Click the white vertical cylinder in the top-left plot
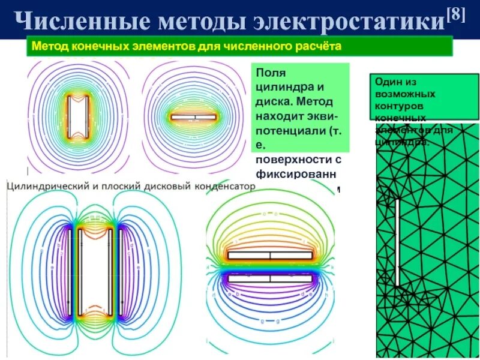(78, 116)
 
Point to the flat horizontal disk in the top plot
(193, 118)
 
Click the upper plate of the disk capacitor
(270, 255)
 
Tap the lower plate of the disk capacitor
(270, 278)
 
